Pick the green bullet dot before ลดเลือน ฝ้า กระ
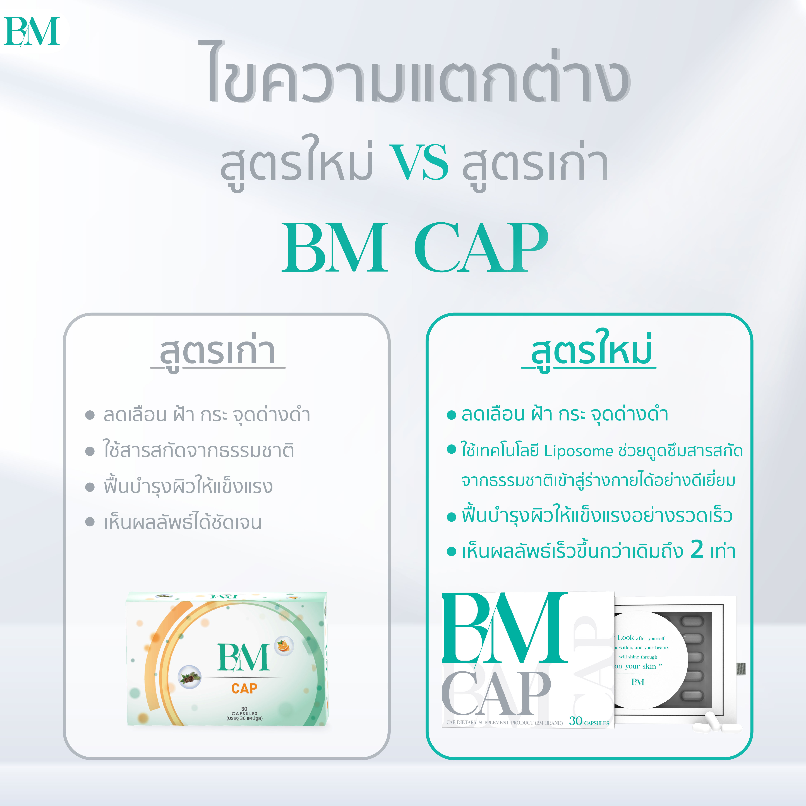(451, 415)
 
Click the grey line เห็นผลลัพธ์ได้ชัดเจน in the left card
(182, 522)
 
